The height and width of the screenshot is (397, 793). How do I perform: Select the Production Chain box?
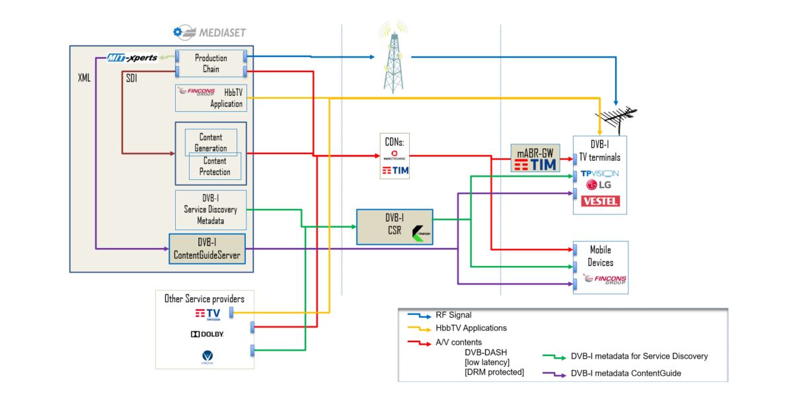point(211,64)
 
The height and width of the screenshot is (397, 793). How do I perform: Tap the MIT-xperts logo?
point(133,58)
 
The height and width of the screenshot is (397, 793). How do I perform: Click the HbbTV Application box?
point(211,98)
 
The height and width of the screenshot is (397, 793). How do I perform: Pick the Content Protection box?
point(215,167)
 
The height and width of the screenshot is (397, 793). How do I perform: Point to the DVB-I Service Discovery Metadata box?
point(211,210)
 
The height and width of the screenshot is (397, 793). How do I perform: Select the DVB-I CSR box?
point(394,227)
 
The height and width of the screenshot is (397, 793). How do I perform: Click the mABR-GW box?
point(535,158)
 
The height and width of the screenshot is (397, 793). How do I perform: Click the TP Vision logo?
point(599,173)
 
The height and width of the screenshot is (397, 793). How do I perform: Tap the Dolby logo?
point(208,334)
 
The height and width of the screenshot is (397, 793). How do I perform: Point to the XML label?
point(84,77)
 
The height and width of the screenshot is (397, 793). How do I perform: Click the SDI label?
point(132,77)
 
